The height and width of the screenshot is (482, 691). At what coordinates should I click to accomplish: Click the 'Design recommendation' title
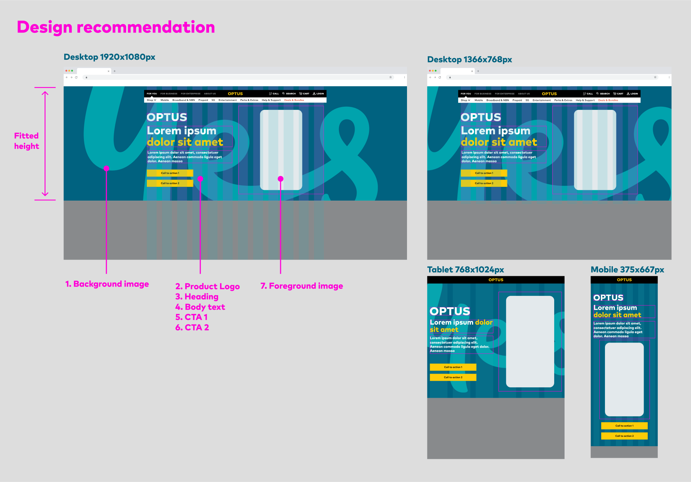(116, 27)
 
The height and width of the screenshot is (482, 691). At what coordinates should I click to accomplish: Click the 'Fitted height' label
(27, 141)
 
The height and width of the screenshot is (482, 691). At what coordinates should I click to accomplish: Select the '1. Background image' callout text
(107, 284)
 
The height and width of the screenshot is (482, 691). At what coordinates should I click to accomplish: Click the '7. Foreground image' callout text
(302, 286)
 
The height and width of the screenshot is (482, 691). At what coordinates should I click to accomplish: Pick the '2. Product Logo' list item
(207, 286)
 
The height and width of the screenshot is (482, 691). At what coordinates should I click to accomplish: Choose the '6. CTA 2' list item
(192, 327)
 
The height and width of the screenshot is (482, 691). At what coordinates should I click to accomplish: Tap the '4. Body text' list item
(200, 307)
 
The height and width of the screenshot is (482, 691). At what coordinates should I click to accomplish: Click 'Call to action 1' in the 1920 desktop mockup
(170, 173)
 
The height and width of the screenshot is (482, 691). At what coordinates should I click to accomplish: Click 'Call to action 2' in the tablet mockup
(453, 377)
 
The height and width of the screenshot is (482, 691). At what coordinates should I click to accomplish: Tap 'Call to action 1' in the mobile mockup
(624, 426)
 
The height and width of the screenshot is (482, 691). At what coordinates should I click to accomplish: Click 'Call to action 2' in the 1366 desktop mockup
(484, 183)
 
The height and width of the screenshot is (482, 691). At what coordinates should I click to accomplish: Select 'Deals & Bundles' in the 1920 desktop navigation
(294, 100)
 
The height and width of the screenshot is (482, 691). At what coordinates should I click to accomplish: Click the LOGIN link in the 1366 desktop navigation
(633, 94)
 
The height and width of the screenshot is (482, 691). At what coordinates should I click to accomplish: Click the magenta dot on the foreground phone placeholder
(281, 179)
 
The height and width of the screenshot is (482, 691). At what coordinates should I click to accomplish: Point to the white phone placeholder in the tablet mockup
(530, 341)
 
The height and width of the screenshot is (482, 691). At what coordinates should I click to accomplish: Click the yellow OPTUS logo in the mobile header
(624, 280)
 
